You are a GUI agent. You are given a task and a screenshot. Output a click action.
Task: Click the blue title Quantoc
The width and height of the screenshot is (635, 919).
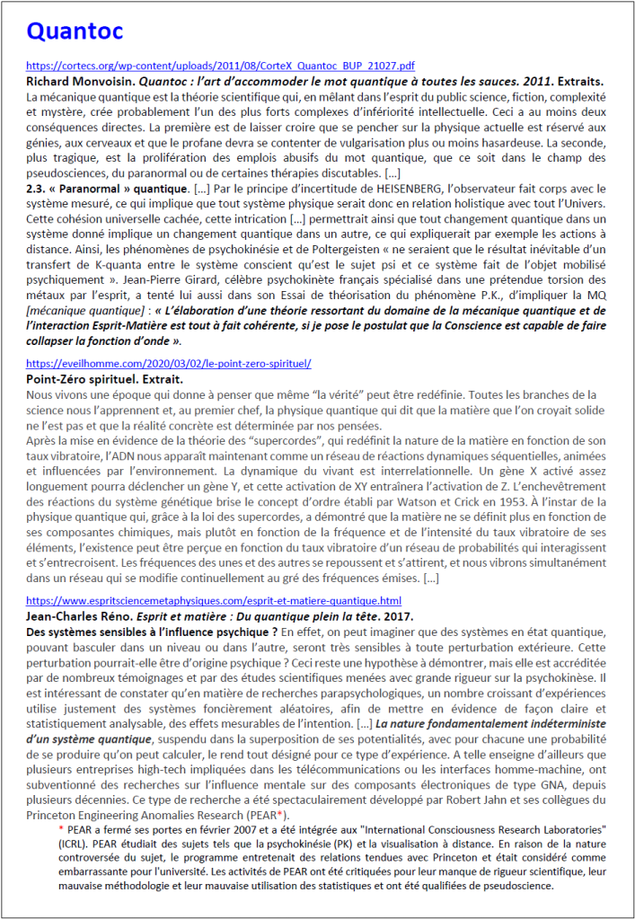[75, 31]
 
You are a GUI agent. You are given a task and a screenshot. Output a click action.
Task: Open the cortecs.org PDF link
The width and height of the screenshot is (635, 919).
[220, 66]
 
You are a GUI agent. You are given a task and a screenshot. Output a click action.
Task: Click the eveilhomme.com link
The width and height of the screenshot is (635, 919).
[169, 365]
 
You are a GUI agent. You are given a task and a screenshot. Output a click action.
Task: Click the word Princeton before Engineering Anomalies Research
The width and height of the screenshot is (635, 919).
[55, 816]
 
